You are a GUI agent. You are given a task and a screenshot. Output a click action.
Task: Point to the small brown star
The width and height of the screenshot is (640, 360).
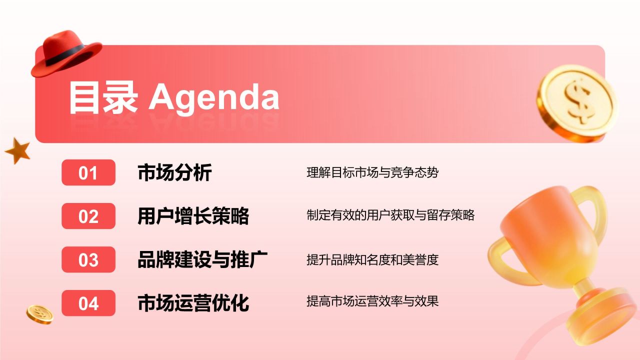(18, 151)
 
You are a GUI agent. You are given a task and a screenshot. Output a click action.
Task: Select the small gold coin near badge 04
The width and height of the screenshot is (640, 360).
(40, 314)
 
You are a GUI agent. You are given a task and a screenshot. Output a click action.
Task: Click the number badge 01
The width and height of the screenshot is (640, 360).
(88, 173)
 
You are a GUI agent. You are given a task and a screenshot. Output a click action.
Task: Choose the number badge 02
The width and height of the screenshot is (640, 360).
(88, 216)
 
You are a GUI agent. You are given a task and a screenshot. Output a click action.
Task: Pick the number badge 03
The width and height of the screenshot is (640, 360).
(88, 260)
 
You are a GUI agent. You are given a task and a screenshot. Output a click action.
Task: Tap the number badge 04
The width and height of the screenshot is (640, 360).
(88, 303)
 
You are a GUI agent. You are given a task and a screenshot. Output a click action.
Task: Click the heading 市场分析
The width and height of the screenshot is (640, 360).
(174, 173)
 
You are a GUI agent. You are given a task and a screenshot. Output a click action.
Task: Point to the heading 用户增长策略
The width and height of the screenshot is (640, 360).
(193, 216)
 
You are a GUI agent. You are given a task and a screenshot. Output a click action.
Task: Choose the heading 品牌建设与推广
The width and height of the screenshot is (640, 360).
(202, 260)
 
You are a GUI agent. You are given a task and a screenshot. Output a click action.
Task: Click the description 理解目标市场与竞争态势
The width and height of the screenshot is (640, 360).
(372, 173)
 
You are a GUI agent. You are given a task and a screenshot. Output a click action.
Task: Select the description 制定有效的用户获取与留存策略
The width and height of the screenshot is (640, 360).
(390, 215)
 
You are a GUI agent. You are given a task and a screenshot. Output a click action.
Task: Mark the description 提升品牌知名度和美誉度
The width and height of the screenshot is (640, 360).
(372, 259)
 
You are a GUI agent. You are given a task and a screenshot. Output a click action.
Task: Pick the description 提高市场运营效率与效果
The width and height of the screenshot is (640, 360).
(372, 301)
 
